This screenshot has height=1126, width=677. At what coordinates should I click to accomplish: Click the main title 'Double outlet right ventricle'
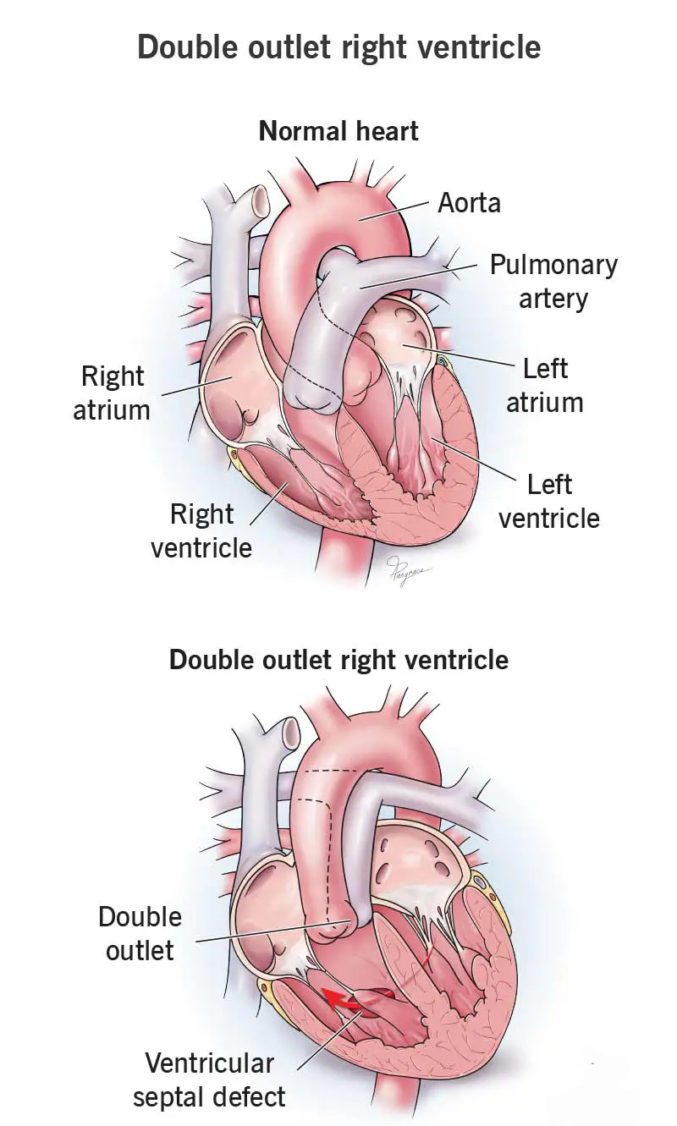point(338,46)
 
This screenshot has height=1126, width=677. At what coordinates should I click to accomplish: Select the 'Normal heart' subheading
point(338,131)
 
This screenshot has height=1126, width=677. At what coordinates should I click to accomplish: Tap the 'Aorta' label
point(469,203)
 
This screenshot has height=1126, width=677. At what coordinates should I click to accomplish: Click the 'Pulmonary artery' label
point(553,282)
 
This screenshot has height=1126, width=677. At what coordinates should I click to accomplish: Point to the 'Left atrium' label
point(545,385)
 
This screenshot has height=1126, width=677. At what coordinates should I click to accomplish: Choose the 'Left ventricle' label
point(548,501)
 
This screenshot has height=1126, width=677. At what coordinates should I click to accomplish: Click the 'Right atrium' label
point(112,393)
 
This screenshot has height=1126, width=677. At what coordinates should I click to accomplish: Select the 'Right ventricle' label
point(201,530)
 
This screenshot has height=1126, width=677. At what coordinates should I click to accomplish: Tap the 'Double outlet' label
point(140,933)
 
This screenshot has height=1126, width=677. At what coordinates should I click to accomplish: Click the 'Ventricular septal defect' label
point(209,1080)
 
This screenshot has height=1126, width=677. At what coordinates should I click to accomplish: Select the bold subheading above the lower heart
point(338,660)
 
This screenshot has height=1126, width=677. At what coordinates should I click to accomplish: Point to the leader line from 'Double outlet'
point(271,931)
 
